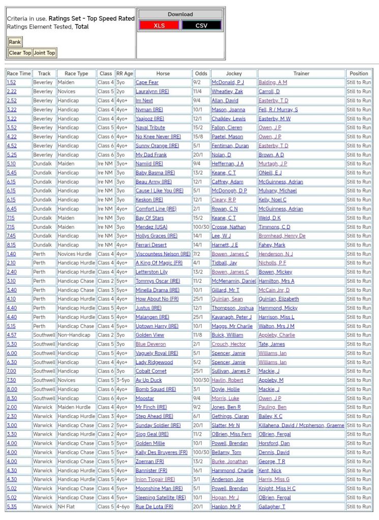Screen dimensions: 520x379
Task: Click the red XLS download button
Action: pyautogui.click(x=159, y=25)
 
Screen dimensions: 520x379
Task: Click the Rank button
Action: pyautogui.click(x=15, y=42)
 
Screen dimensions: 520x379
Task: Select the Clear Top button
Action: pyautogui.click(x=20, y=53)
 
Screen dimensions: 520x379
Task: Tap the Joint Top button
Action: pyautogui.click(x=44, y=53)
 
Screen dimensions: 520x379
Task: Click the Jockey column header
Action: pyautogui.click(x=234, y=74)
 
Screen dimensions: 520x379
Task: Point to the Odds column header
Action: pyautogui.click(x=201, y=74)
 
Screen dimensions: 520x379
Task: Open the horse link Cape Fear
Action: pyautogui.click(x=147, y=82)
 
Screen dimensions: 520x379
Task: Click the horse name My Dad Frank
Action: pyautogui.click(x=151, y=155)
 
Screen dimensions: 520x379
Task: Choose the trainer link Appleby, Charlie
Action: pyautogui.click(x=276, y=335)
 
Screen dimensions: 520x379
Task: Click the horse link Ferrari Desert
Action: pyautogui.click(x=151, y=245)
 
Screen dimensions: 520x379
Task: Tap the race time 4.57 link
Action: pyautogui.click(x=11, y=335)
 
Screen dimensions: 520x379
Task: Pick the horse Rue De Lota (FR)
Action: pyautogui.click(x=154, y=507)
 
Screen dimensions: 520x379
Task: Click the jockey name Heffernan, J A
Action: pyautogui.click(x=227, y=164)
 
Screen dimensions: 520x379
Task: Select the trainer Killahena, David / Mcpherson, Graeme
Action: pyautogui.click(x=301, y=425)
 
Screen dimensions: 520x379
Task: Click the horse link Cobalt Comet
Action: pyautogui.click(x=151, y=371)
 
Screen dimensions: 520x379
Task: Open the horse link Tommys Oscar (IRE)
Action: pyautogui.click(x=158, y=281)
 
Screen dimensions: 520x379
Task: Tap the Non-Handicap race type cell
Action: pyautogui.click(x=74, y=335)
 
